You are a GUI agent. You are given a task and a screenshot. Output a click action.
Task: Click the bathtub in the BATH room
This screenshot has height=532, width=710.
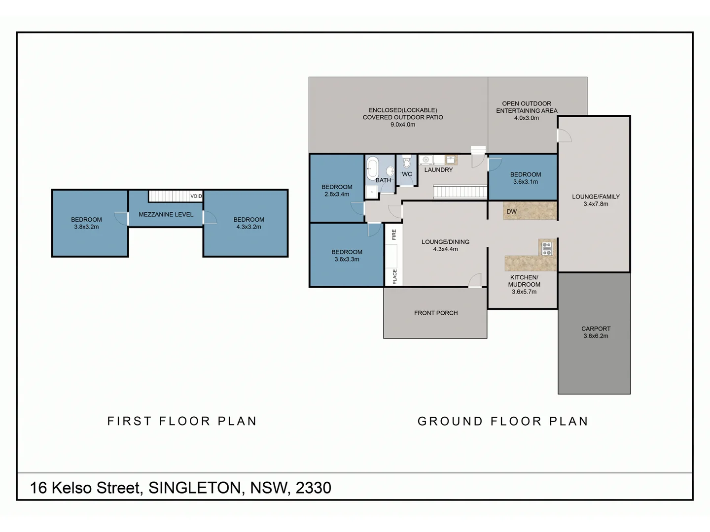pos(372,168)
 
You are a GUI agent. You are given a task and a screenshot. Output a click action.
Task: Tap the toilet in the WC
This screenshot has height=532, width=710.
pos(407,161)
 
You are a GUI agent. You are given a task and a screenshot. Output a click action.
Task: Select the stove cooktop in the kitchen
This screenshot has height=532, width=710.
pos(547,248)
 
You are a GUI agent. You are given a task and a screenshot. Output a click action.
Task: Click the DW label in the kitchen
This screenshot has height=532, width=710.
pos(511,212)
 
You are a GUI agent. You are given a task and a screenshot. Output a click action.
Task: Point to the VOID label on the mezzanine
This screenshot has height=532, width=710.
pos(196,196)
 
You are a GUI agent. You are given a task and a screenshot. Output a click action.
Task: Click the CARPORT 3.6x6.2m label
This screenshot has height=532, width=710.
pos(596,332)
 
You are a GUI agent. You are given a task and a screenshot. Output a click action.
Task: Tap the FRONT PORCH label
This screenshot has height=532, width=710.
pos(436,313)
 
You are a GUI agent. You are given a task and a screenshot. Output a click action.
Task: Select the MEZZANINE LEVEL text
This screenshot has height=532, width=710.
pos(166,214)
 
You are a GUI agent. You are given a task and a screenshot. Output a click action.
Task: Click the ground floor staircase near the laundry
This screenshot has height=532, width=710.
pos(460,192)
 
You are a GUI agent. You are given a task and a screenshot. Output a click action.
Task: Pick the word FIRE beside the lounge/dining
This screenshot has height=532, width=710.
pos(394,234)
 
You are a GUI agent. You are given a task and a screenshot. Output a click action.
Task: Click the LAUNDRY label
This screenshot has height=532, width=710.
pos(438,170)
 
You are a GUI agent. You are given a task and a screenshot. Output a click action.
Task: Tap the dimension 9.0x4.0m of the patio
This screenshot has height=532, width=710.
pos(403,125)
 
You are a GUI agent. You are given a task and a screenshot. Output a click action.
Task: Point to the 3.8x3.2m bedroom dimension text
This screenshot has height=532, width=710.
pos(86,227)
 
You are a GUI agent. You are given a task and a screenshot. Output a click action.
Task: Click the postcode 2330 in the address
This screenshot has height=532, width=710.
pos(314,488)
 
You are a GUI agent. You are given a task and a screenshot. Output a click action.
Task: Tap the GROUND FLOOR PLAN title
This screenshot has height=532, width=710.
pos(502,421)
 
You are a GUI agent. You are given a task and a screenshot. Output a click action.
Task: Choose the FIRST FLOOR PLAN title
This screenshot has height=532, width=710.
pos(182,421)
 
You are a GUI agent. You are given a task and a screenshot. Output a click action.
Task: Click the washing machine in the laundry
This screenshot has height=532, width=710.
pos(426,160)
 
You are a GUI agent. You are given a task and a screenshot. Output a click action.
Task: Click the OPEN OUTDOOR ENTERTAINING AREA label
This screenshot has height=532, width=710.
pos(527,111)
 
